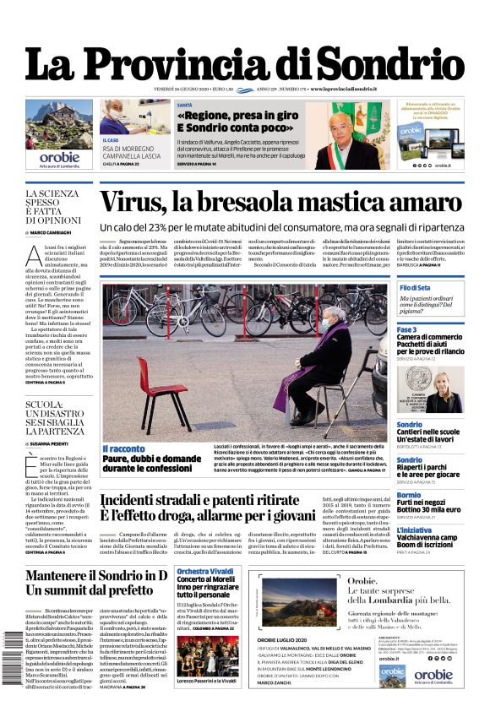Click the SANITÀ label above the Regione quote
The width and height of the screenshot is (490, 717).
click(185, 106)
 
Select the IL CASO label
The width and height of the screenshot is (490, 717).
click(111, 140)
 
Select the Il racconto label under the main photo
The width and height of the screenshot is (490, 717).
click(124, 448)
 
